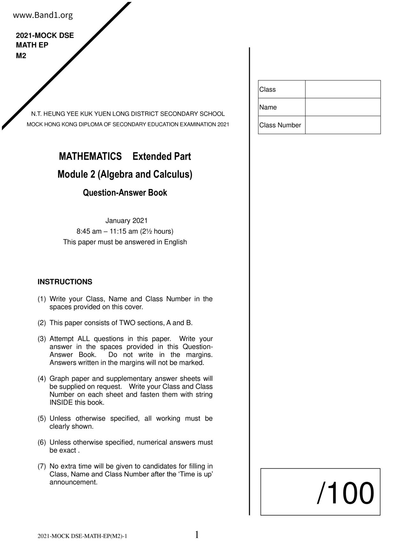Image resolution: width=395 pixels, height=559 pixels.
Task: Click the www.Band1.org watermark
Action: pos(43,15)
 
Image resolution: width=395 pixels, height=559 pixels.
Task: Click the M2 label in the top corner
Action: pos(21,56)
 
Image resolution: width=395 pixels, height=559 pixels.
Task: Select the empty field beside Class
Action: pos(343,89)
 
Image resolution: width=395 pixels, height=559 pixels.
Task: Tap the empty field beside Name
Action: pos(343,107)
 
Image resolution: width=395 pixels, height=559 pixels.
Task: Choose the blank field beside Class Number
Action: pos(343,125)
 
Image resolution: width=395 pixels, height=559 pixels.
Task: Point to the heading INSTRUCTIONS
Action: pos(65,282)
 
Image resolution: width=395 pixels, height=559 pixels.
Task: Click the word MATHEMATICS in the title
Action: pos(90,156)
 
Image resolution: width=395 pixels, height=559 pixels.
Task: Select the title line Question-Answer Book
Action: pos(125,193)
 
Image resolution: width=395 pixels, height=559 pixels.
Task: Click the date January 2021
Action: pos(126,221)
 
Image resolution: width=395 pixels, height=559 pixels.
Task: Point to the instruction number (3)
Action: pos(42,339)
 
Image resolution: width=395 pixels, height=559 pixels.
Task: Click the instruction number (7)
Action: pos(42,466)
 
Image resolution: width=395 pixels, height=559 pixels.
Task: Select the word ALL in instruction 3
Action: pos(83,339)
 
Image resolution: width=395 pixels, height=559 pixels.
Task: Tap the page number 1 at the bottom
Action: pos(197,535)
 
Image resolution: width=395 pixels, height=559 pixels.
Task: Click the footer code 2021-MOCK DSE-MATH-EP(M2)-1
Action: pos(83,536)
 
